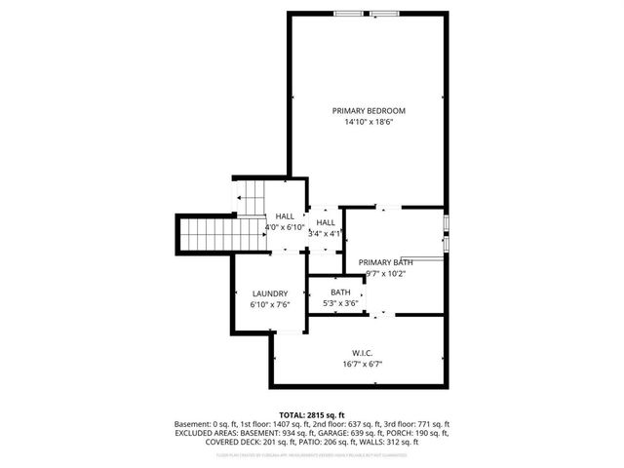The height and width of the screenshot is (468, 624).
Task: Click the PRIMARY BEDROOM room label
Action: click(368, 111)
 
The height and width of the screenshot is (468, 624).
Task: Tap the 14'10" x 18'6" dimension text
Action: click(368, 123)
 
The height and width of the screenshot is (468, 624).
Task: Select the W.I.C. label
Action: click(362, 352)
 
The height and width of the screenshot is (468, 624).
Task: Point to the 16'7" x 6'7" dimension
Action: click(362, 364)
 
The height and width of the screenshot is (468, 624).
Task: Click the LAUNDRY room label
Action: click(269, 293)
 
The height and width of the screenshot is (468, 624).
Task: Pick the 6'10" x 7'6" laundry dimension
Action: click(269, 305)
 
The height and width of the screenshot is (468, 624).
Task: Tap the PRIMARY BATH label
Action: click(385, 262)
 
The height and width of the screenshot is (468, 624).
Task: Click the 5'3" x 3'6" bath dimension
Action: click(340, 303)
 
